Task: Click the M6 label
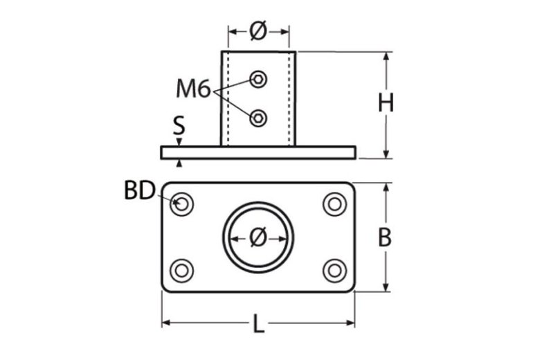coord(192,89)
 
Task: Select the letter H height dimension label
coord(386,103)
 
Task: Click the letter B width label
coord(385,237)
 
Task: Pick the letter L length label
coord(258,324)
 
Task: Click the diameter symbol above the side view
coord(258,30)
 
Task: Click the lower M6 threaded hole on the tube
coord(258,118)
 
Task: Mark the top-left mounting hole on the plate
coord(183,204)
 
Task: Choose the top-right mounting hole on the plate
coord(334,204)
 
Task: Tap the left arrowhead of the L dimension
coord(166,323)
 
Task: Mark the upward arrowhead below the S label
coord(179,163)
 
